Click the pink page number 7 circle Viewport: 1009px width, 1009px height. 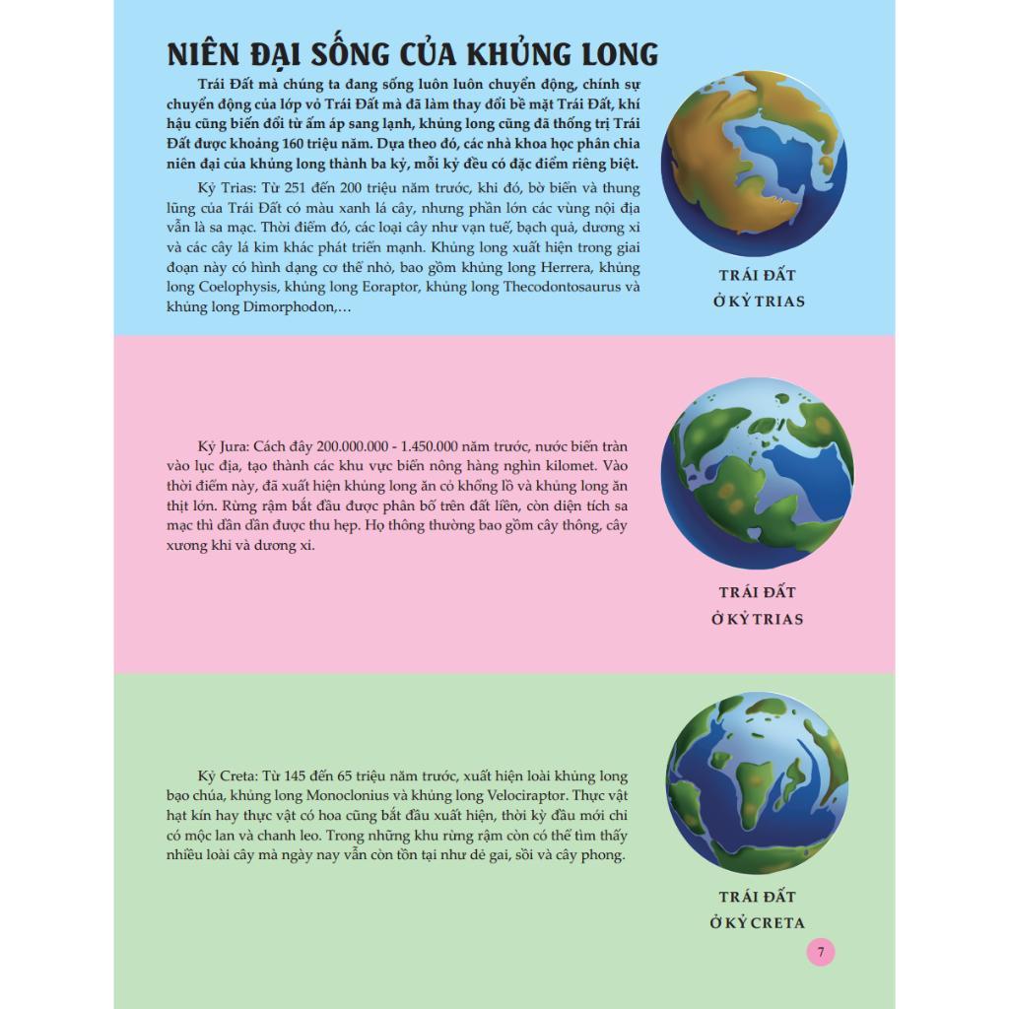click(x=821, y=952)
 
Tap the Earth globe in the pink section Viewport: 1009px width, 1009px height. click(x=757, y=473)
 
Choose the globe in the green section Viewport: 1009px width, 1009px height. click(x=757, y=782)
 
